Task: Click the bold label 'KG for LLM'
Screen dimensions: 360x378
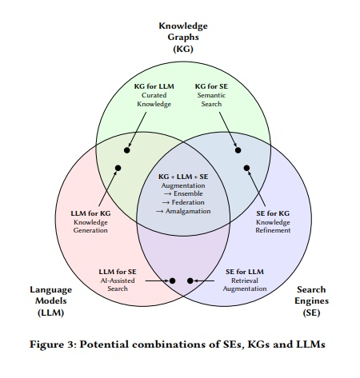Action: click(x=154, y=86)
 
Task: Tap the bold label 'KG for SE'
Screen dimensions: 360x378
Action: click(x=211, y=86)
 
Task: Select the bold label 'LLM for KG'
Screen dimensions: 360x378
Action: click(x=90, y=213)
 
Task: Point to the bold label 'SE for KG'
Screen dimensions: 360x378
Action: click(x=273, y=213)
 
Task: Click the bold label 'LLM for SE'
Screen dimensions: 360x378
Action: click(x=118, y=272)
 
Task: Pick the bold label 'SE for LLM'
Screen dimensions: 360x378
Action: click(x=245, y=272)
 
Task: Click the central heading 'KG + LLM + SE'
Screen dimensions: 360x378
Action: click(x=183, y=177)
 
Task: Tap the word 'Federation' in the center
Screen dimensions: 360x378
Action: click(x=188, y=202)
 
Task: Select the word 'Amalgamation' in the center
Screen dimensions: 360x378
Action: click(x=188, y=211)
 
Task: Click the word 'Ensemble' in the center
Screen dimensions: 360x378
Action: click(x=188, y=193)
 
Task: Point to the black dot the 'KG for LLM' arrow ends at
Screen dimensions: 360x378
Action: click(x=127, y=150)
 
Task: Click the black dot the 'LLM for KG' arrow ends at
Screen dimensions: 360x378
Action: click(x=118, y=168)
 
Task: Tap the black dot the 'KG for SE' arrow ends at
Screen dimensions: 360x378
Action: click(x=238, y=150)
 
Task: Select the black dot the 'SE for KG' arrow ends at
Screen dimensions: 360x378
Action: click(x=246, y=168)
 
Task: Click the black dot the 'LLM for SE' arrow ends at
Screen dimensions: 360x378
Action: click(x=172, y=281)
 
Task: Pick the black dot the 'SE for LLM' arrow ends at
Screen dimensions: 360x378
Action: click(x=190, y=281)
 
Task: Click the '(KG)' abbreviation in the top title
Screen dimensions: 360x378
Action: click(x=183, y=49)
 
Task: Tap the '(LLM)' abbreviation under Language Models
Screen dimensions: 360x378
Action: click(x=50, y=312)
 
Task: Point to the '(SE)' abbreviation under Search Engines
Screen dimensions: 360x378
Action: click(x=311, y=312)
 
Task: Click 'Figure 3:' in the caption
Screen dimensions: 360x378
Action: click(x=54, y=344)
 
